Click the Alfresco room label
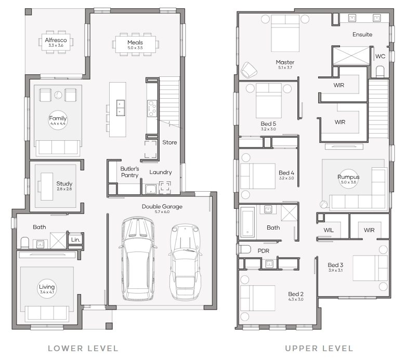pos(56,40)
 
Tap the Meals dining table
pos(135,44)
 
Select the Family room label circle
pos(58,120)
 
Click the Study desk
pos(47,186)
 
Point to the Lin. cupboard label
pos(75,240)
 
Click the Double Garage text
pos(162,206)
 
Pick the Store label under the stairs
pos(169,142)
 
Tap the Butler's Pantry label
pos(129,172)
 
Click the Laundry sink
pos(151,189)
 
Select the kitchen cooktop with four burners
pos(152,109)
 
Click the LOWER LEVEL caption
pos(83,349)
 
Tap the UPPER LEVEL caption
pos(319,349)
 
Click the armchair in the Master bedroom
pos(249,70)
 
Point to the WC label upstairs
pos(380,56)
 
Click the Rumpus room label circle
pos(348,179)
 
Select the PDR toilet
pos(244,249)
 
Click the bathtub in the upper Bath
pos(247,222)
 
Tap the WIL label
pos(329,230)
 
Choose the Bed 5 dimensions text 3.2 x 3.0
pos(268,129)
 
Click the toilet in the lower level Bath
pos(25,243)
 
